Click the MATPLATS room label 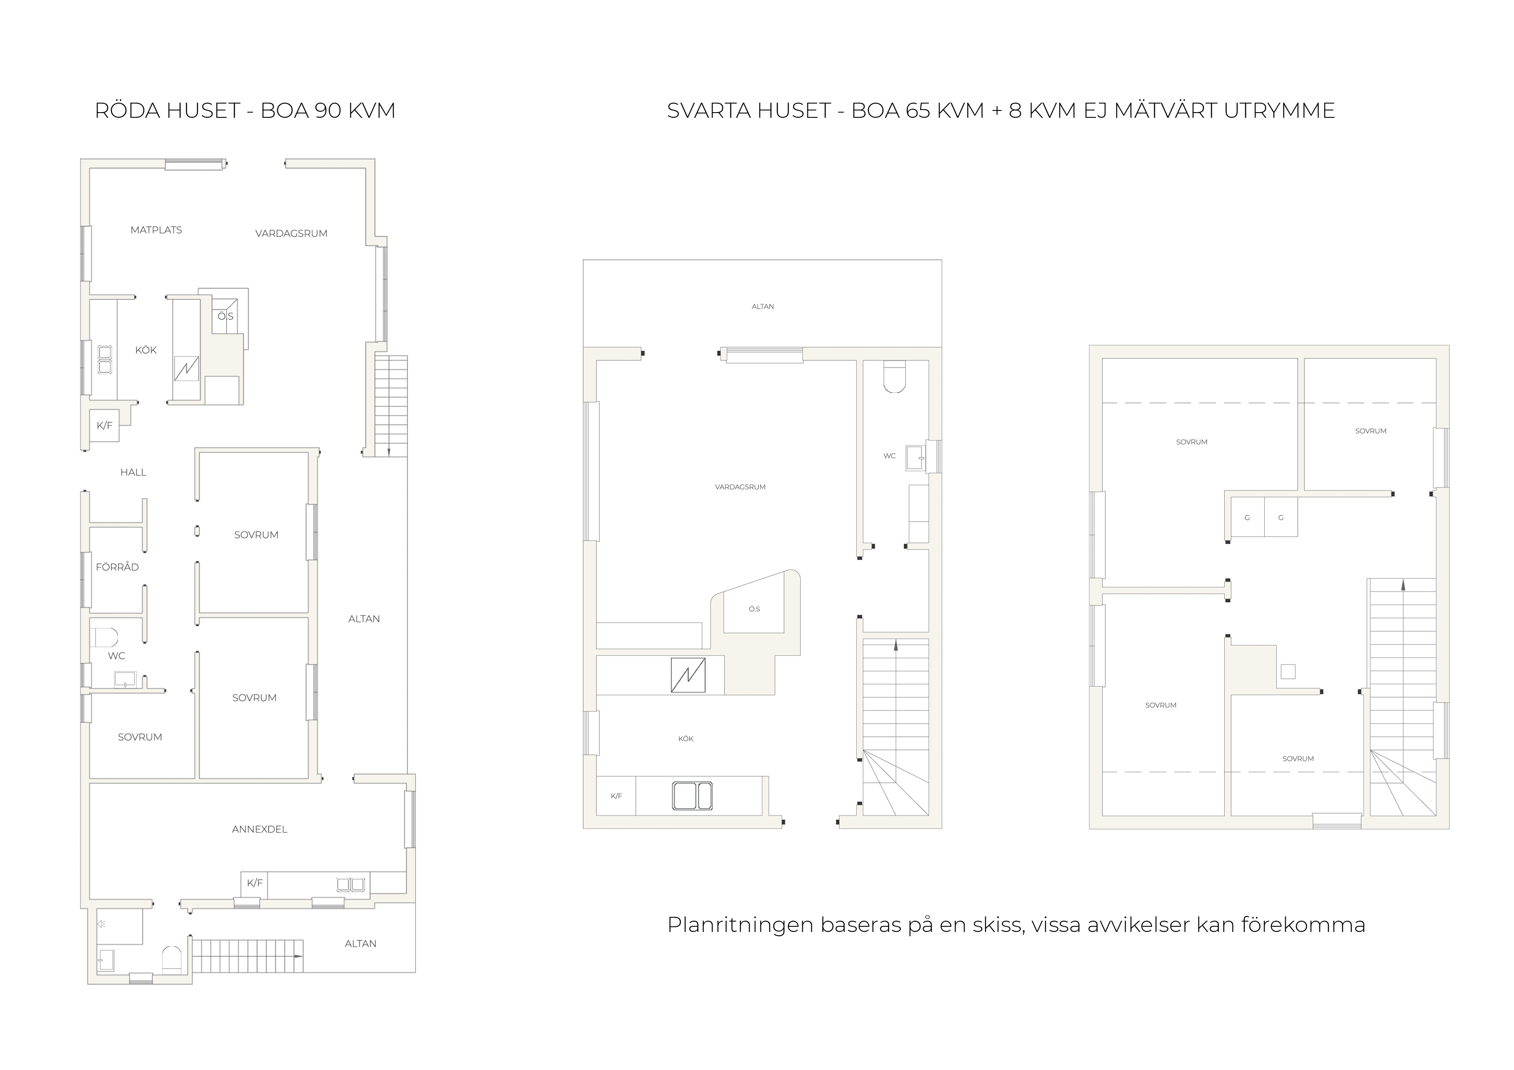click(156, 230)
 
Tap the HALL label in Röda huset click(133, 472)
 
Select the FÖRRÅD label click(117, 567)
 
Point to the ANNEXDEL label click(260, 829)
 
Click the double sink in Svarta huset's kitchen click(692, 796)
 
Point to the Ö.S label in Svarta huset click(754, 609)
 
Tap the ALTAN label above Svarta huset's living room click(763, 307)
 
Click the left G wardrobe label click(1247, 518)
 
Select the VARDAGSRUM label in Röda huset click(291, 233)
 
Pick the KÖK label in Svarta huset click(686, 739)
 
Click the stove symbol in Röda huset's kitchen click(186, 368)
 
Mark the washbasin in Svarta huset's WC click(915, 457)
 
